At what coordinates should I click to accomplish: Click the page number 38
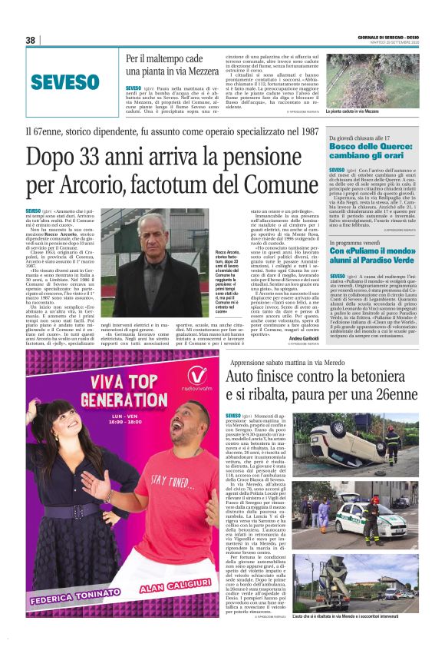pos(31,40)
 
